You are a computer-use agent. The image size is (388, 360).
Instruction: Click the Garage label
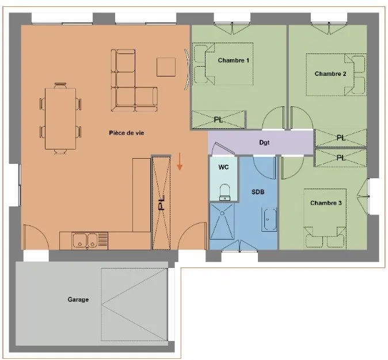[x=78, y=300]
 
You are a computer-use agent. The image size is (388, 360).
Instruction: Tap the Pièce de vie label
[x=127, y=133]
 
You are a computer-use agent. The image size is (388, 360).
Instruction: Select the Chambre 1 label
[x=233, y=60]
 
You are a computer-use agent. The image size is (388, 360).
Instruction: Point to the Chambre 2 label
[x=330, y=74]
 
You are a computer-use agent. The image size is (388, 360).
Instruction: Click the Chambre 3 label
[x=326, y=203]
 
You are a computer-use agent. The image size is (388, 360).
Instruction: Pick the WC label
[x=223, y=167]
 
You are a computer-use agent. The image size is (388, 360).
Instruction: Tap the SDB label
[x=258, y=192]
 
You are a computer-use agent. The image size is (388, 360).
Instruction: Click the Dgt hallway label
[x=264, y=143]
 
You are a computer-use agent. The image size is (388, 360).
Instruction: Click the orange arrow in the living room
[x=180, y=162]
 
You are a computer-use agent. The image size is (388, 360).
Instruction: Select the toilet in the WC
[x=225, y=192]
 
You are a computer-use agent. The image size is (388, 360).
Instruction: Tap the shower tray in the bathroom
[x=222, y=221]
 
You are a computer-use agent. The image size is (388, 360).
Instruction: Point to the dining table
[x=60, y=118]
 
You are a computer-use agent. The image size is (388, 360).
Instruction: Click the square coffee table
[x=166, y=67]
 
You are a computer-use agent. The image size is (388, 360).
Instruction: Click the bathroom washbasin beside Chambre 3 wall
[x=269, y=219]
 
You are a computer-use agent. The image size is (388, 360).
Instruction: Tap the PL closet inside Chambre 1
[x=219, y=120]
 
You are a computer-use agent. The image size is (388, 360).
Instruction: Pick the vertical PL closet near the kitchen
[x=161, y=202]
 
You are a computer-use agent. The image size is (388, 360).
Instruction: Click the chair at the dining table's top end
[x=60, y=85]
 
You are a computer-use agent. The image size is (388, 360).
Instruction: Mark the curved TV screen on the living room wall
[x=187, y=69]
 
